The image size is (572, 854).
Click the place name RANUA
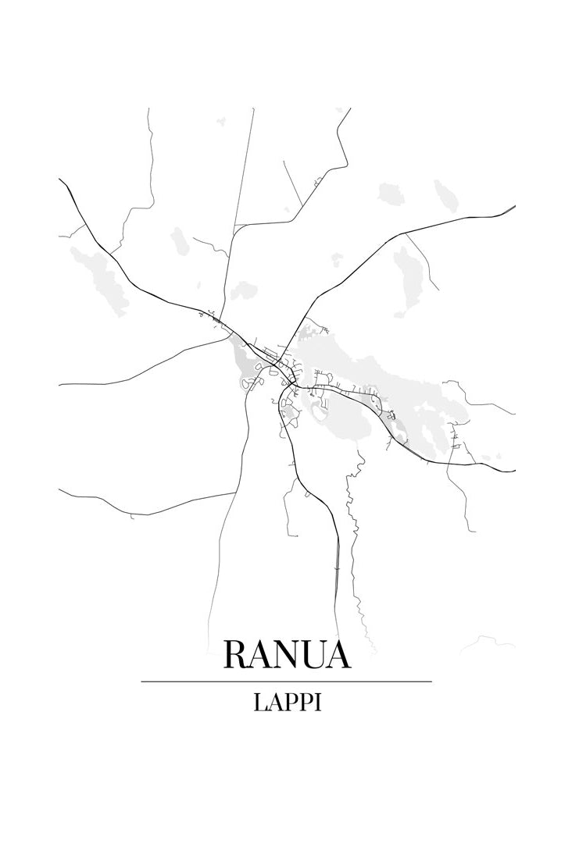point(286,654)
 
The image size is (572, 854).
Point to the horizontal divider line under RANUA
point(286,681)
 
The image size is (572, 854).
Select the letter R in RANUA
point(237,654)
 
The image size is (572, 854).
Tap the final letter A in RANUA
point(337,654)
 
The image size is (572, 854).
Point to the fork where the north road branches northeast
point(235,226)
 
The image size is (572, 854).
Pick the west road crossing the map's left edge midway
point(62,384)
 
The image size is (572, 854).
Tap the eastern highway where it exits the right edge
point(513,471)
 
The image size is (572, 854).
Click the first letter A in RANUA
point(260,654)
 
